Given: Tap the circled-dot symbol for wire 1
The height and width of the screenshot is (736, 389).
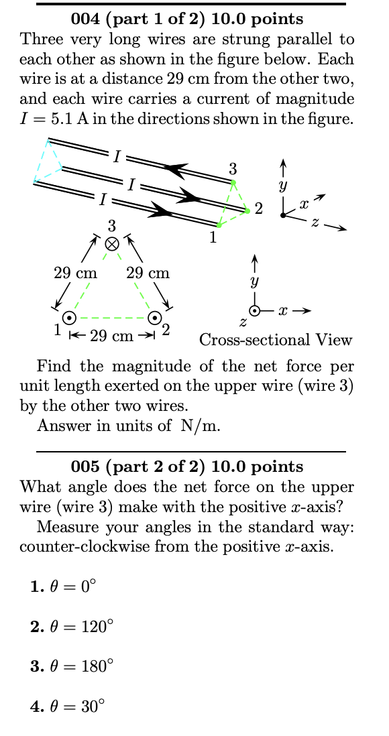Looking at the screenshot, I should pyautogui.click(x=68, y=318).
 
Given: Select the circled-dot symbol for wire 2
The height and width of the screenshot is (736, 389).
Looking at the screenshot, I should pyautogui.click(x=154, y=318).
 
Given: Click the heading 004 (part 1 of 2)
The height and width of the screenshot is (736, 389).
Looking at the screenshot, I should pyautogui.click(x=187, y=19).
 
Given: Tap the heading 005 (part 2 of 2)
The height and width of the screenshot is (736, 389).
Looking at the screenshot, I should pyautogui.click(x=187, y=467).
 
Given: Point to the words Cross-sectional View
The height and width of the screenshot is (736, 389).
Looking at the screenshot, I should pyautogui.click(x=276, y=340).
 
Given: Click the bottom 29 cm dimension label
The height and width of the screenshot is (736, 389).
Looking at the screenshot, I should pyautogui.click(x=112, y=336).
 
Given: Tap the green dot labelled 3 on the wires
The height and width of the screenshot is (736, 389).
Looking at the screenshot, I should pyautogui.click(x=233, y=182).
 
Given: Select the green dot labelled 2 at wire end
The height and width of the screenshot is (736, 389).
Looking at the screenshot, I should pyautogui.click(x=247, y=211).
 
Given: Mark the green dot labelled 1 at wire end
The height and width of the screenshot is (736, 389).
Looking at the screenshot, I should pyautogui.click(x=219, y=226).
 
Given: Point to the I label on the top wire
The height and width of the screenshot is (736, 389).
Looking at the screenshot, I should pyautogui.click(x=117, y=158).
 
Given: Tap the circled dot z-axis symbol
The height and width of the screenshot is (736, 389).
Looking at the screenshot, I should pyautogui.click(x=255, y=311).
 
